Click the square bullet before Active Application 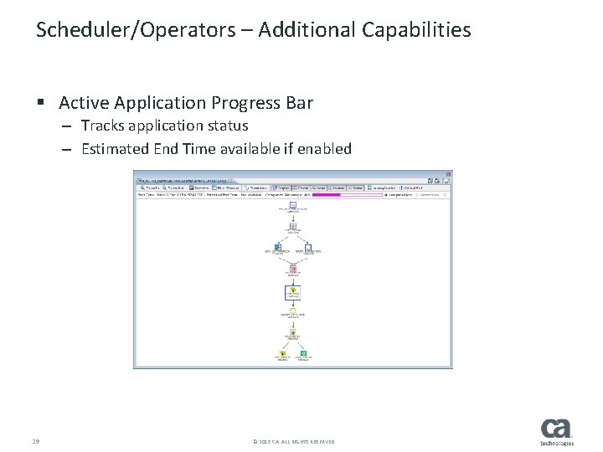coord(40,103)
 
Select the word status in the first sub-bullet coord(226,126)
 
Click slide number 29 coord(36,441)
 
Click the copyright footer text coord(292,441)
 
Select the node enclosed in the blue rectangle coord(293,293)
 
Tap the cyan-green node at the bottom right coord(305,354)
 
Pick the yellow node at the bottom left coord(280,354)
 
